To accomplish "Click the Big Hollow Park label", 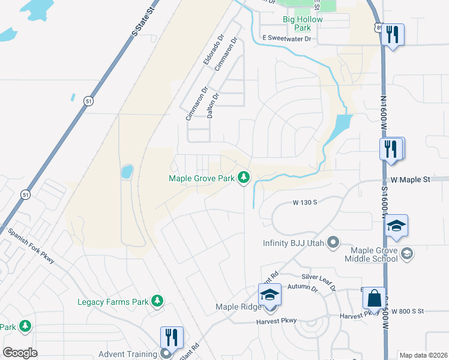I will coord(303,23).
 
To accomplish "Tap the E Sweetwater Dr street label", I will coord(287,38).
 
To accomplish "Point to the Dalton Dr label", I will coord(212,104).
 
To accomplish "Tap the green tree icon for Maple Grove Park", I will coord(244,178).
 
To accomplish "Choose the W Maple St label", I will coord(411,179).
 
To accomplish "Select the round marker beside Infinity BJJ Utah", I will coord(334,243).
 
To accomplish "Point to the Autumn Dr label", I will coord(302,289).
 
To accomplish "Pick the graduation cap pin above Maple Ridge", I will coord(270,295).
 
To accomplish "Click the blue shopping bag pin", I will coord(374,298).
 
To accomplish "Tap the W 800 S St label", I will coord(408,311).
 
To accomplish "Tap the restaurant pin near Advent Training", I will coord(172,338).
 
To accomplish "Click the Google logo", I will coord(20,353).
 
